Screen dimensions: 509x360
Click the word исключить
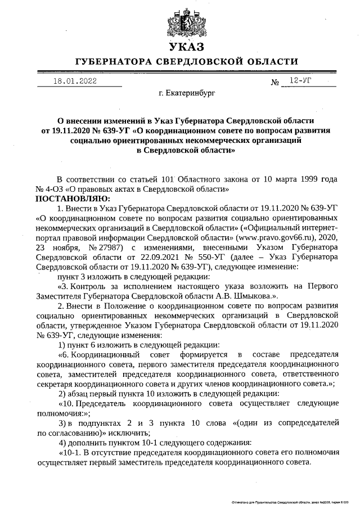coord(130,433)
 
